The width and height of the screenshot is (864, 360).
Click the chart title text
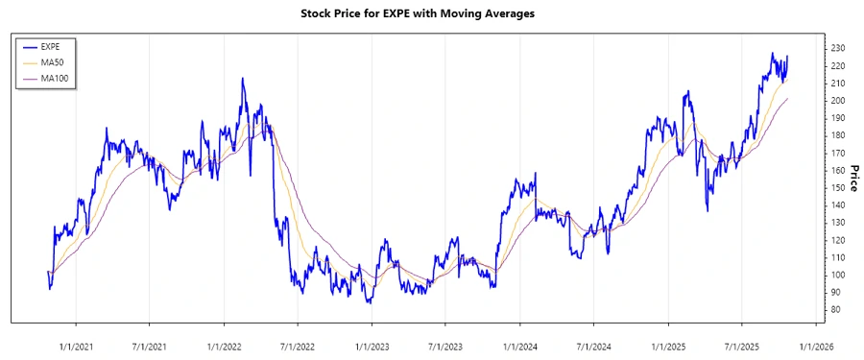pyautogui.click(x=431, y=13)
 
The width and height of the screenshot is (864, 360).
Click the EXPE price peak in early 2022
pyautogui.click(x=243, y=79)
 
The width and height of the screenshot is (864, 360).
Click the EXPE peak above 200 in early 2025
pyautogui.click(x=687, y=92)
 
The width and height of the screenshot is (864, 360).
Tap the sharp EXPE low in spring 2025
pyautogui.click(x=708, y=210)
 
